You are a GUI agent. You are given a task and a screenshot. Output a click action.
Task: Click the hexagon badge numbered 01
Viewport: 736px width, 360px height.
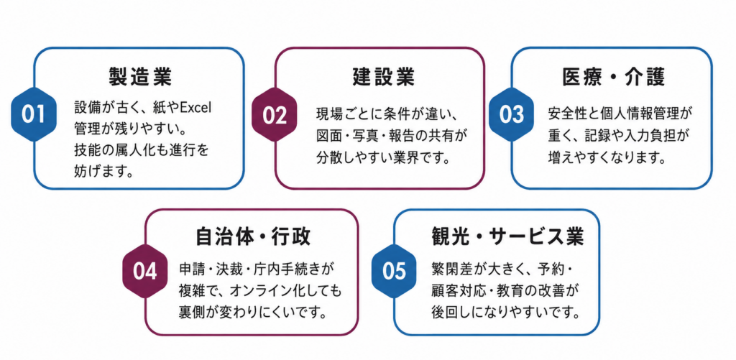click(x=33, y=114)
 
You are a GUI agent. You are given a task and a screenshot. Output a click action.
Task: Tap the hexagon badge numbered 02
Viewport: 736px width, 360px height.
click(x=275, y=115)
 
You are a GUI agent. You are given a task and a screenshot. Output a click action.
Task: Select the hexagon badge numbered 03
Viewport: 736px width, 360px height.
click(x=512, y=115)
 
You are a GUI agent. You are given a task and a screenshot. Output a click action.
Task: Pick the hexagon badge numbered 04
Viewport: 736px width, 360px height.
click(x=145, y=272)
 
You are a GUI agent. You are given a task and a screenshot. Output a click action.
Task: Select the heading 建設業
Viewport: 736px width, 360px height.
click(x=384, y=76)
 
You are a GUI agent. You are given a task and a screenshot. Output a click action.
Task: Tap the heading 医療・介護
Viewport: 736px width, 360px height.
click(x=614, y=77)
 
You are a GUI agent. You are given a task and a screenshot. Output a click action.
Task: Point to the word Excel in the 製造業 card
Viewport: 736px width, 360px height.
click(x=197, y=108)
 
